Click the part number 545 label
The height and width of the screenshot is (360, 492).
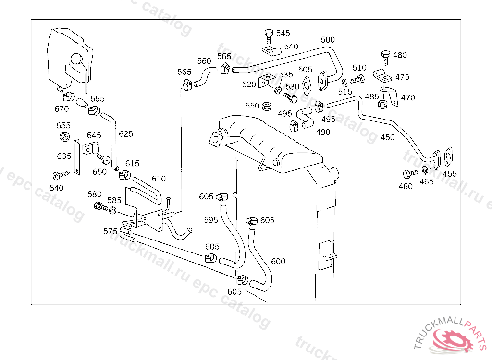[283, 33]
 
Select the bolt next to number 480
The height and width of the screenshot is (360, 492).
[385, 56]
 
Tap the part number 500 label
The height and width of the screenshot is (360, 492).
[328, 40]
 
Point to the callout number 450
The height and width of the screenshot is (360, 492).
[387, 137]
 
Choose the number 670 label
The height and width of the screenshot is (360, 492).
[61, 109]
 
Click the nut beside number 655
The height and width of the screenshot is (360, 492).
[63, 136]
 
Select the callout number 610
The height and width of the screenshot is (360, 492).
[159, 179]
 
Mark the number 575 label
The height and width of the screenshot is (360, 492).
[111, 231]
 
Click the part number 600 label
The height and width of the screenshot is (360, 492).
[278, 261]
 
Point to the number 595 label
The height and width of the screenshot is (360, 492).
[211, 220]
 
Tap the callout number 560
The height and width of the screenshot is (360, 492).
[204, 61]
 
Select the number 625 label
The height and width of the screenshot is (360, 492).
[126, 134]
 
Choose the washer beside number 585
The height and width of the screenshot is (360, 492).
[112, 210]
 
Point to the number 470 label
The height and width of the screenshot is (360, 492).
[408, 97]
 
